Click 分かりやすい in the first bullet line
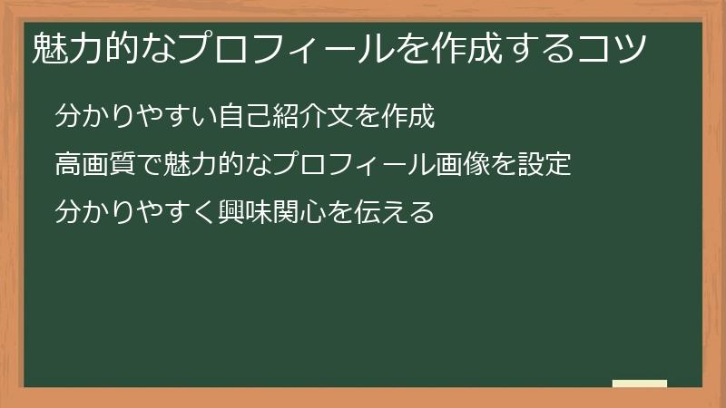click(x=137, y=117)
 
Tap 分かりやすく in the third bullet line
click(x=137, y=213)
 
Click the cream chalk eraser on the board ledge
click(x=639, y=384)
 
